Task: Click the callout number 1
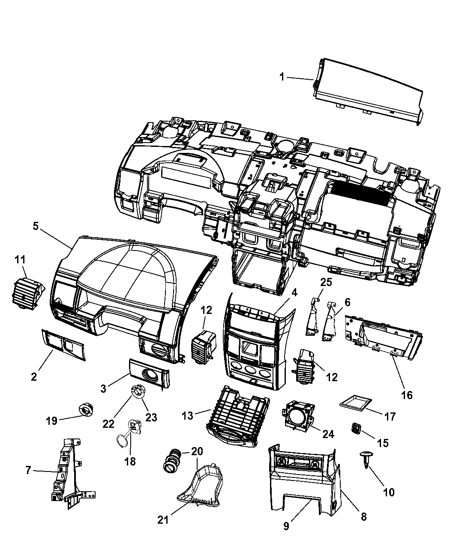tap(282, 77)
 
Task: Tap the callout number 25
tap(326, 282)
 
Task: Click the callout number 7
tap(28, 470)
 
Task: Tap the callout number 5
tap(36, 226)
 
